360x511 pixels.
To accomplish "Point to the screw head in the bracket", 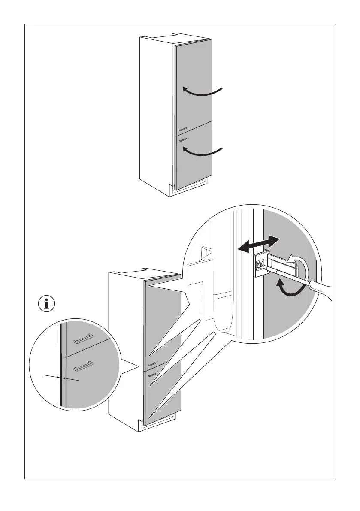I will pos(259,266).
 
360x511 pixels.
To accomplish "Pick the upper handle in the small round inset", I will pos(83,340).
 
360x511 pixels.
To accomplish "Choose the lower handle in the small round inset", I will pos(83,366).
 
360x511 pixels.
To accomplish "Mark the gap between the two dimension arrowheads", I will pos(61,378).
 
